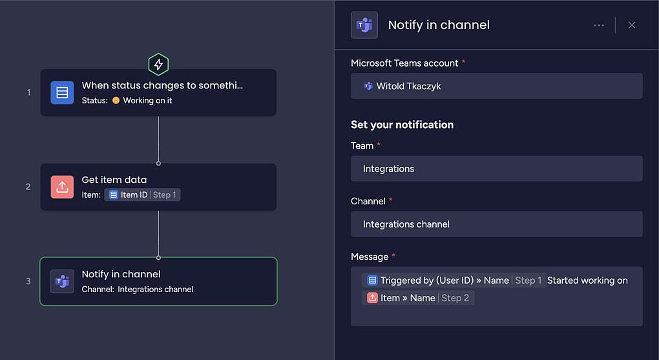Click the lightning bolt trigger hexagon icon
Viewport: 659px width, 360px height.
pyautogui.click(x=158, y=65)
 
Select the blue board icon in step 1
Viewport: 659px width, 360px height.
pyautogui.click(x=62, y=92)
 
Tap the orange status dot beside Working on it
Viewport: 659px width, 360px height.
pyautogui.click(x=116, y=101)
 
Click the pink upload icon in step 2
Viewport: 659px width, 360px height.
pyautogui.click(x=62, y=187)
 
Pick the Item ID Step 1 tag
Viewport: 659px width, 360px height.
pyautogui.click(x=143, y=195)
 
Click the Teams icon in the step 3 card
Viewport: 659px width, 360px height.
pyautogui.click(x=62, y=281)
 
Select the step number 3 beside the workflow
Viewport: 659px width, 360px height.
pyautogui.click(x=28, y=281)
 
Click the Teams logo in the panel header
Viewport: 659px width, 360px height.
pyautogui.click(x=364, y=25)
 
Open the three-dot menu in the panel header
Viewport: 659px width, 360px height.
pyautogui.click(x=599, y=25)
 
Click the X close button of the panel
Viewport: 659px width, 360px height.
pyautogui.click(x=632, y=25)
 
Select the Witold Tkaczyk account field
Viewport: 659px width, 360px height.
pyautogui.click(x=497, y=86)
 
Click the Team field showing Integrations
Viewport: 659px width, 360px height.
pyautogui.click(x=497, y=169)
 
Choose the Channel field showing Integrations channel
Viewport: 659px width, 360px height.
pyautogui.click(x=497, y=224)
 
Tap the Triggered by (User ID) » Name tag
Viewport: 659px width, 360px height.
pyautogui.click(x=454, y=281)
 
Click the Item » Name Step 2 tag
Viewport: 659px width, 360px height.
pyautogui.click(x=418, y=298)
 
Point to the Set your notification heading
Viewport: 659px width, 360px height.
pyautogui.click(x=403, y=125)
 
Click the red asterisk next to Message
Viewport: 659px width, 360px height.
pyautogui.click(x=393, y=255)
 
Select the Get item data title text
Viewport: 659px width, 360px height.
pyautogui.click(x=114, y=180)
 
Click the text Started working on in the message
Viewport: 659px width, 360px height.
pyautogui.click(x=587, y=281)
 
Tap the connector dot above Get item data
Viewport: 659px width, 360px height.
pyautogui.click(x=158, y=163)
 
